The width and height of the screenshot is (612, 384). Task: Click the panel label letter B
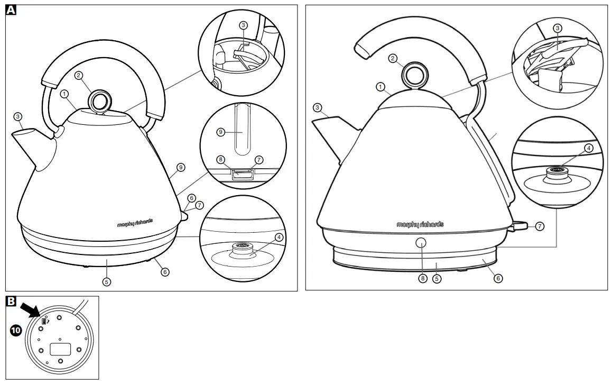11,301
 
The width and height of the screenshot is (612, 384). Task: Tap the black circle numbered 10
16,331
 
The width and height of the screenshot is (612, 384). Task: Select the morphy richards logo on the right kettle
420,224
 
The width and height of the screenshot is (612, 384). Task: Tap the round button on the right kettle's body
421,243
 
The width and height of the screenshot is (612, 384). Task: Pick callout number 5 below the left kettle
107,281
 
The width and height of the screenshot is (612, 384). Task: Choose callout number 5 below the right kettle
437,278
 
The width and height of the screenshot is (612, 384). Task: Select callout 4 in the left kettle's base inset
279,237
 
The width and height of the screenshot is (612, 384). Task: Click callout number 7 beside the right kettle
540,226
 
